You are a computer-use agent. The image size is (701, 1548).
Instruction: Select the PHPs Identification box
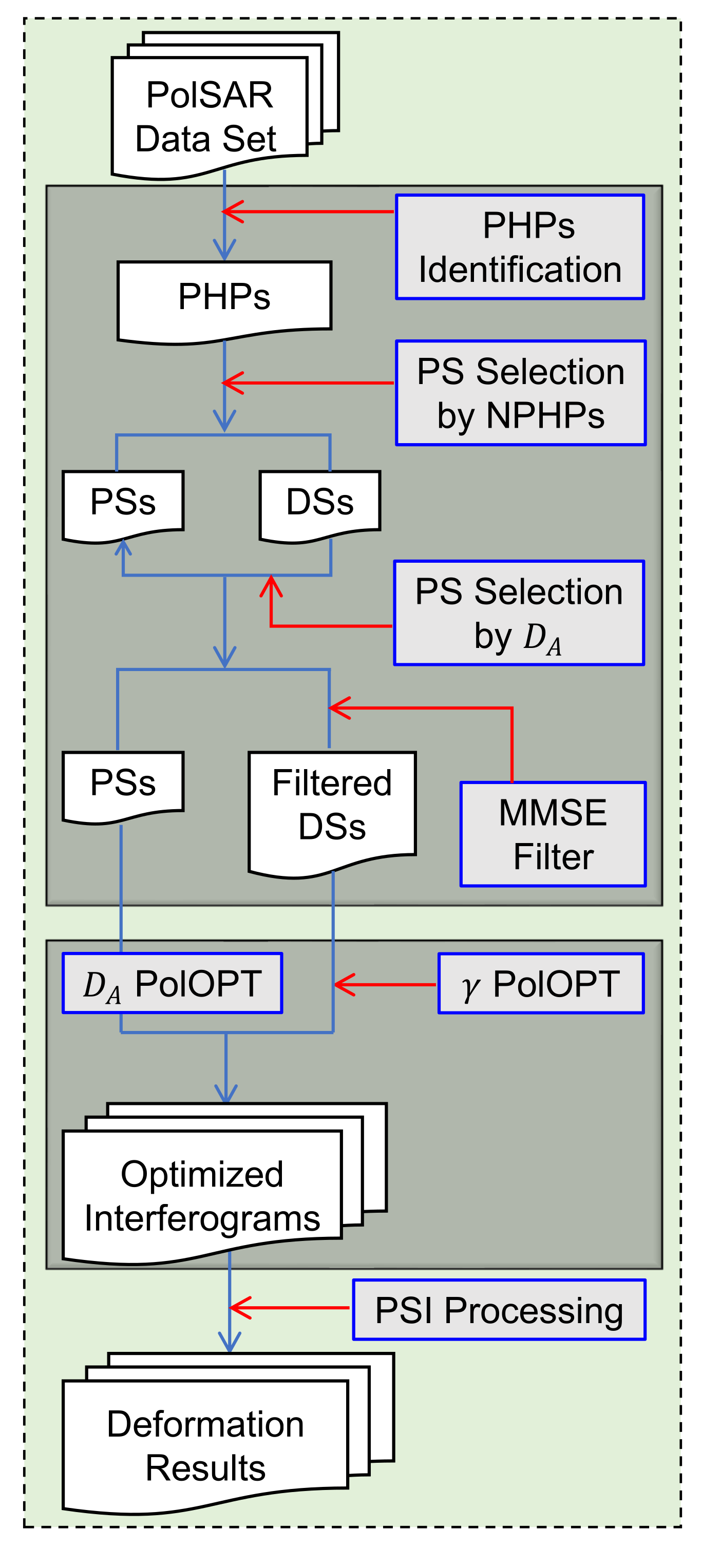[519, 247]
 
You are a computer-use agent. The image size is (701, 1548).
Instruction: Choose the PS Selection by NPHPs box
[520, 393]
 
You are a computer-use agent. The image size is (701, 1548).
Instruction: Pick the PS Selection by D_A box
[518, 613]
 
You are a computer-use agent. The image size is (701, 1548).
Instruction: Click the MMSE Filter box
[553, 834]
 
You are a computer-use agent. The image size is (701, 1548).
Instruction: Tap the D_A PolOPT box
[172, 984]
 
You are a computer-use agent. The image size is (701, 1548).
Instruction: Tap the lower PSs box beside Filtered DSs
[123, 783]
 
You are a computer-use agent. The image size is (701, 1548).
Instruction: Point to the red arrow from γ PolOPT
[385, 984]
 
